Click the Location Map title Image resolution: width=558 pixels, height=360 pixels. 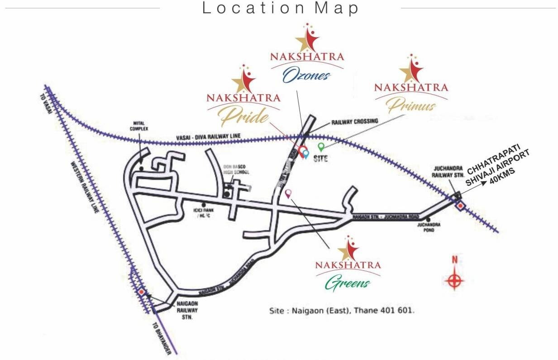pyautogui.click(x=281, y=8)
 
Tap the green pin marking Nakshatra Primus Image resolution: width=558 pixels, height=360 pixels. pyautogui.click(x=321, y=147)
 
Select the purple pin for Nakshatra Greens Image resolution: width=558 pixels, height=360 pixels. pyautogui.click(x=288, y=193)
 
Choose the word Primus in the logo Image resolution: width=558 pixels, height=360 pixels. pyautogui.click(x=411, y=106)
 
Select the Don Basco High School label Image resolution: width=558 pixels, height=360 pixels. pyautogui.click(x=236, y=169)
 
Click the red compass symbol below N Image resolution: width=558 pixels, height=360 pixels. pyautogui.click(x=454, y=280)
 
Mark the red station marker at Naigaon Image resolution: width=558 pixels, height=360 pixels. pyautogui.click(x=142, y=292)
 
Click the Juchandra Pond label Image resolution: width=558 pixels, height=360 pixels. pyautogui.click(x=426, y=227)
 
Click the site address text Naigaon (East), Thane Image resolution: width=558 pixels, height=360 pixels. pyautogui.click(x=342, y=311)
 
